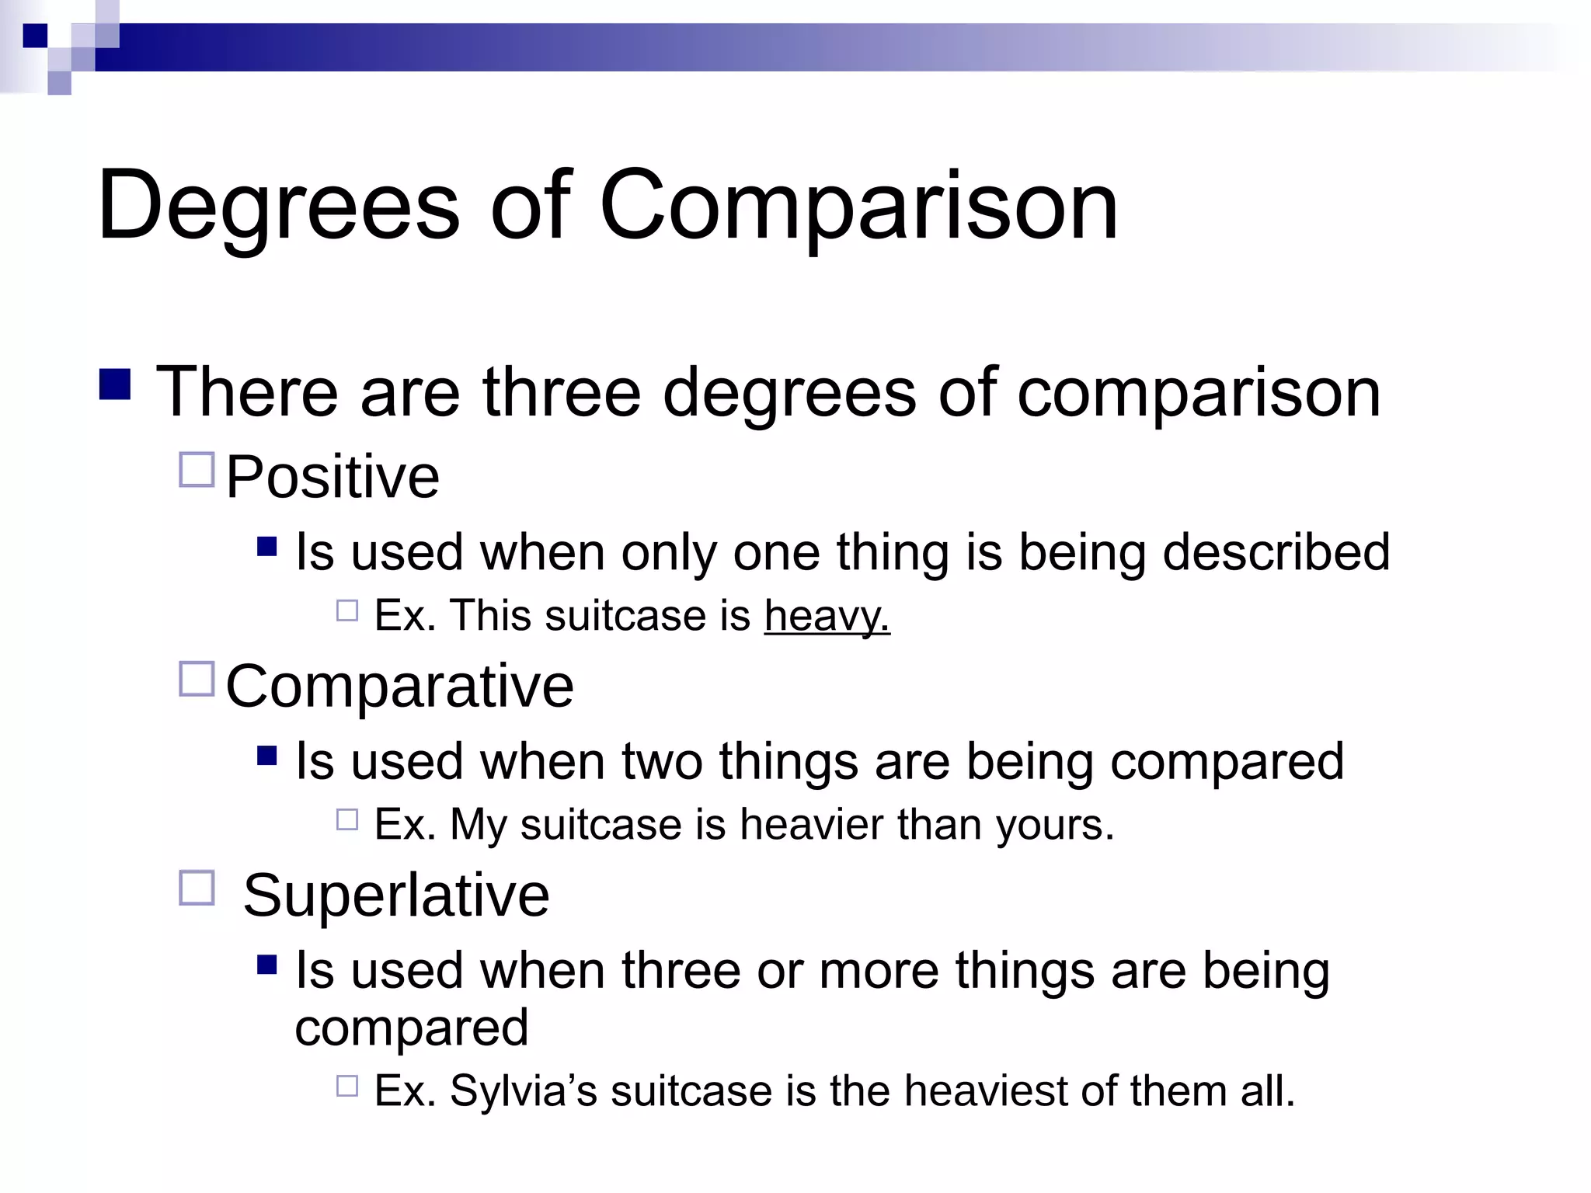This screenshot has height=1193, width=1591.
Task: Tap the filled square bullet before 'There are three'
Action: (x=115, y=384)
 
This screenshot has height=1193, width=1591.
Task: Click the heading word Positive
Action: (x=332, y=477)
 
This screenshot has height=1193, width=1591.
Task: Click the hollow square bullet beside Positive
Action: (x=197, y=470)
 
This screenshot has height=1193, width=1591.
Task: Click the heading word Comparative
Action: (x=399, y=686)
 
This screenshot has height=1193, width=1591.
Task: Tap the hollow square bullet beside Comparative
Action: (x=197, y=679)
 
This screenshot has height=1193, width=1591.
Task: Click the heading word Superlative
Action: (x=396, y=896)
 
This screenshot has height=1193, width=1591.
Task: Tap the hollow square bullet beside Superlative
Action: (x=197, y=888)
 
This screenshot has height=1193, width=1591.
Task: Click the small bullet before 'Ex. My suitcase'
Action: (x=347, y=820)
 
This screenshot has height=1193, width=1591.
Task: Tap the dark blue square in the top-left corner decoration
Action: (x=35, y=36)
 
